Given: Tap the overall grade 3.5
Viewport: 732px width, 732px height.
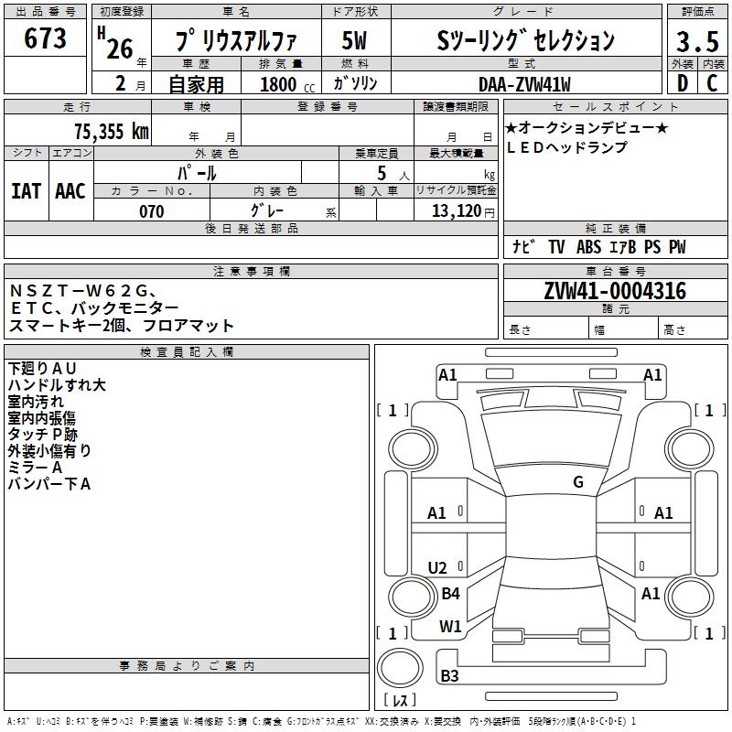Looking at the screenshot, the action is (696, 42).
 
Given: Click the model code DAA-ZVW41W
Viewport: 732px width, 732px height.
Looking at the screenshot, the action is (524, 84).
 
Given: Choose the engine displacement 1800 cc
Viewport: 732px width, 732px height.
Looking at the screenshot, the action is (282, 84).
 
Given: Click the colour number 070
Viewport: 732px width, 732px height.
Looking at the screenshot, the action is (151, 211).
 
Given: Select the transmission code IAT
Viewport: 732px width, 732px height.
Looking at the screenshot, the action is (26, 190).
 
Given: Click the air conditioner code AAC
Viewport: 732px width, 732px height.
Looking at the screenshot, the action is (70, 190).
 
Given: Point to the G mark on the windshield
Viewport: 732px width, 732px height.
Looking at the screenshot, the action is (577, 482).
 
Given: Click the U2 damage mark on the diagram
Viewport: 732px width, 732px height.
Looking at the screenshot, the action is (437, 567).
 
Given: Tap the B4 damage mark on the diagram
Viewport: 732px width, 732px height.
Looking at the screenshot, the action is (450, 594).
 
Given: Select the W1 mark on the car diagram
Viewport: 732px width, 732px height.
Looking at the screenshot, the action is (450, 627).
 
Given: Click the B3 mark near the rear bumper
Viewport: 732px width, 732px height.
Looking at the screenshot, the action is (449, 676).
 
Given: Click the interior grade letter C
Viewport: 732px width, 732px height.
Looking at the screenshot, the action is (712, 83).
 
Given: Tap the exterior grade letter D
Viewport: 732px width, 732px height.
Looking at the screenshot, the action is (681, 83).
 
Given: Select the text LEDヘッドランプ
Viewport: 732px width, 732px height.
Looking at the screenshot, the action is (567, 147).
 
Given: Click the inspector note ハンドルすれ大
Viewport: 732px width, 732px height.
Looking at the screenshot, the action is (57, 385).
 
